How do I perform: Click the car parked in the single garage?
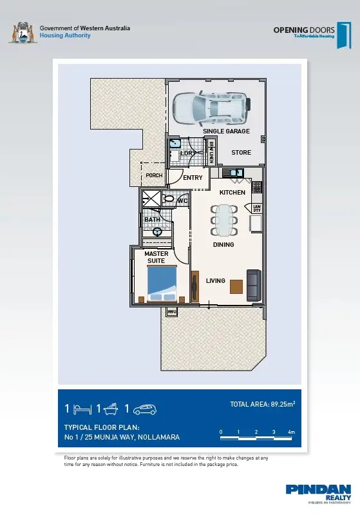(x=209, y=108)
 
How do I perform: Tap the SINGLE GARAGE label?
(x=226, y=131)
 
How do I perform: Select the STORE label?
(x=242, y=153)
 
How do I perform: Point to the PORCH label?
(x=153, y=175)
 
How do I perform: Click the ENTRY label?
(x=193, y=178)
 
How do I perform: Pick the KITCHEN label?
(x=232, y=193)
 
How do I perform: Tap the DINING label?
(x=223, y=245)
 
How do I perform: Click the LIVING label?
(x=215, y=281)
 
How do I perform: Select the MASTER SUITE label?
(x=156, y=257)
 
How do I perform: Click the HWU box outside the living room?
(x=172, y=312)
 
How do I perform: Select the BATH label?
(x=152, y=220)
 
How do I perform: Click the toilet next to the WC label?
(x=169, y=200)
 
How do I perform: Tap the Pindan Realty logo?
(x=318, y=493)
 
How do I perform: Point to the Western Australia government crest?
(x=23, y=32)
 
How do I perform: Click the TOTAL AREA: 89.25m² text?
(x=262, y=405)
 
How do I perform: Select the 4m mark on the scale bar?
(x=292, y=432)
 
